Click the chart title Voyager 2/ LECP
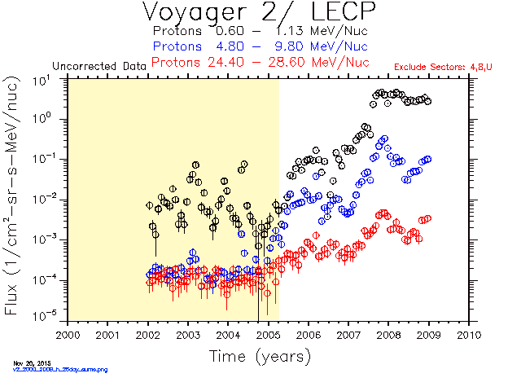click(260, 14)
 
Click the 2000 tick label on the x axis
click(68, 334)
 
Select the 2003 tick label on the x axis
click(188, 334)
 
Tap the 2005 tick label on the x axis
click(268, 334)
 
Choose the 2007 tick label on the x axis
click(348, 334)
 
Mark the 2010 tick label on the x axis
click(468, 334)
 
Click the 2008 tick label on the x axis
click(388, 334)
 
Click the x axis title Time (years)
click(260, 356)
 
